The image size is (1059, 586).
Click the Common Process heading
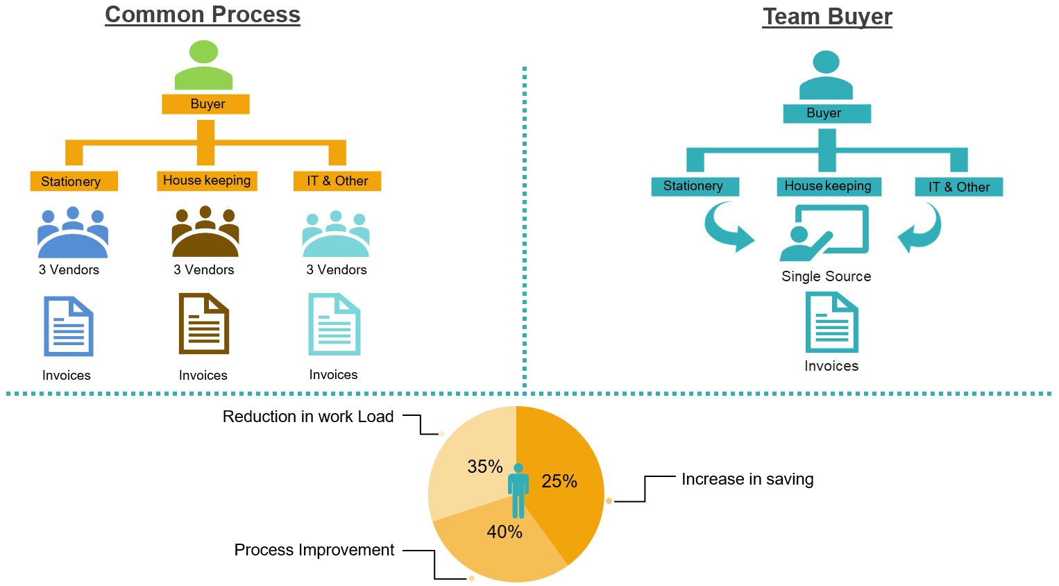pyautogui.click(x=202, y=15)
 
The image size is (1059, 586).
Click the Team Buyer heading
pyautogui.click(x=827, y=17)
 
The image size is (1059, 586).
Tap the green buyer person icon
pyautogui.click(x=203, y=65)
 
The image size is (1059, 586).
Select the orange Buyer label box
pyautogui.click(x=205, y=104)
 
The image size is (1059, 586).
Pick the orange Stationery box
pyautogui.click(x=74, y=181)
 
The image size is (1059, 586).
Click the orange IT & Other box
pyautogui.click(x=337, y=181)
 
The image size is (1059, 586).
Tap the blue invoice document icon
pyautogui.click(x=68, y=326)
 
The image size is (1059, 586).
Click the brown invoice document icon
pyautogui.click(x=203, y=324)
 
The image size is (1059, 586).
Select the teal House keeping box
pyautogui.click(x=828, y=186)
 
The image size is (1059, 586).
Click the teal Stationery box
pyautogui.click(x=695, y=186)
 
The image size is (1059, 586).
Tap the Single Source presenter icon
pyautogui.click(x=824, y=233)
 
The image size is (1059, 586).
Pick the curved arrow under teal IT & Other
pyautogui.click(x=920, y=228)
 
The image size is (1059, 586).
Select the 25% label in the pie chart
pyautogui.click(x=559, y=481)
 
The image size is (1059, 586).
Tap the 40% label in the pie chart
pyautogui.click(x=505, y=532)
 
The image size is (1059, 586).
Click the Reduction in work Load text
pyautogui.click(x=308, y=417)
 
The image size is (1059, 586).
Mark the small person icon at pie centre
pyautogui.click(x=518, y=490)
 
